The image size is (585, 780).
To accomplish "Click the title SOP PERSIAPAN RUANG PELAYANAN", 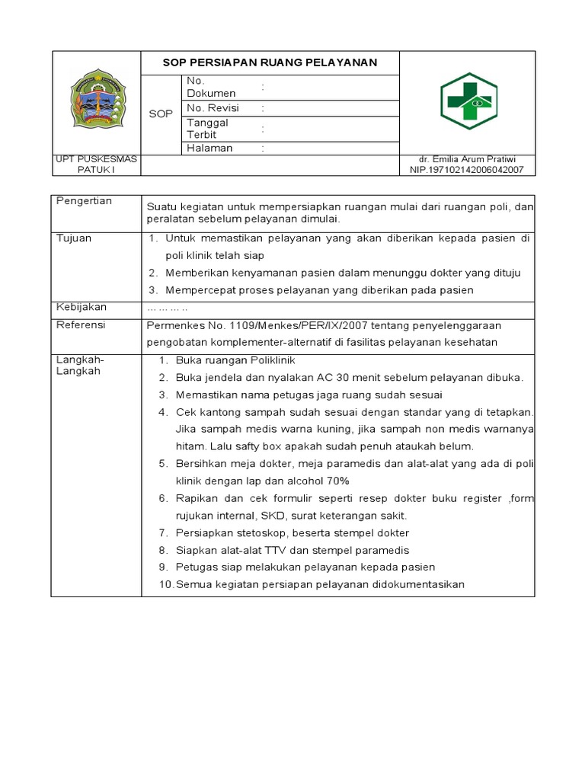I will [270, 62].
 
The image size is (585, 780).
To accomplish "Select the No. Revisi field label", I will [213, 108].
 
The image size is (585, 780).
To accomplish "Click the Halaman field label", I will [209, 149].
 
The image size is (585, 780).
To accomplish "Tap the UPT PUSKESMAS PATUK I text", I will [96, 165].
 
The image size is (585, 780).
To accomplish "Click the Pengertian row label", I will [85, 201].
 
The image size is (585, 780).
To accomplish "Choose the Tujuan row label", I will [74, 238].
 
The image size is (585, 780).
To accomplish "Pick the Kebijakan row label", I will [82, 307].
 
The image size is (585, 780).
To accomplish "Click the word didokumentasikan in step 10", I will [411, 584].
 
